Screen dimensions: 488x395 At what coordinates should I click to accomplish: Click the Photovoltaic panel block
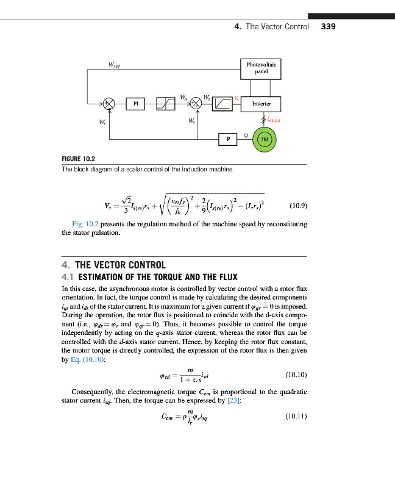pos(262,68)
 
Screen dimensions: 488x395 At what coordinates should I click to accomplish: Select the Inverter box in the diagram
pos(262,104)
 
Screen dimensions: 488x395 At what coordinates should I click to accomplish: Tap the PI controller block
pos(136,104)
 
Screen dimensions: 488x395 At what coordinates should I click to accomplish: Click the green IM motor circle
pos(264,139)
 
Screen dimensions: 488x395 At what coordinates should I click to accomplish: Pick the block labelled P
pos(228,139)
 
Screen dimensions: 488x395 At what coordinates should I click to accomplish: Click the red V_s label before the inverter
pos(237,98)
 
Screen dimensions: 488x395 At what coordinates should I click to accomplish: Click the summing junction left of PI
pos(109,104)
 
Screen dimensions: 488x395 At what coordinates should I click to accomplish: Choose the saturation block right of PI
pos(166,104)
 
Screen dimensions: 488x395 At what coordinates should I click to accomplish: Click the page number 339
pos(328,27)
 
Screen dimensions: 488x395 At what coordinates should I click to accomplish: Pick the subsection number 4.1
pos(68,277)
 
